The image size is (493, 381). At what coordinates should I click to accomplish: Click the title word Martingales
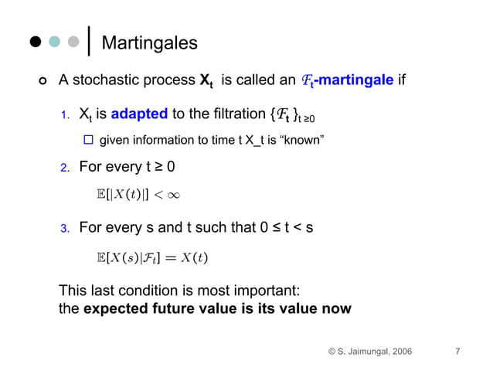(x=149, y=43)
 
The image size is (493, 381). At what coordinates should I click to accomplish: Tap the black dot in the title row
(x=35, y=43)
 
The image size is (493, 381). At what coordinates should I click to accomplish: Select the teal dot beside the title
(x=54, y=43)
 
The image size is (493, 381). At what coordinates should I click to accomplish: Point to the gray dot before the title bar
(x=73, y=43)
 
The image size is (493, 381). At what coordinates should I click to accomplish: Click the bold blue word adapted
(x=139, y=114)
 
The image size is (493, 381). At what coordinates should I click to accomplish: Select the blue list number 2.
(x=66, y=166)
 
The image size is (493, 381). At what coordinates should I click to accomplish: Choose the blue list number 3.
(x=66, y=229)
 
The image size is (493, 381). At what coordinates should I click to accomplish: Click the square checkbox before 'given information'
(x=87, y=140)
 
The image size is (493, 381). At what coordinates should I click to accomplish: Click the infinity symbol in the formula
(x=173, y=196)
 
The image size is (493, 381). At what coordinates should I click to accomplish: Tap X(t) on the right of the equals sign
(x=195, y=257)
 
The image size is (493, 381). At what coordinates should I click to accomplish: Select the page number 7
(x=457, y=352)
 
